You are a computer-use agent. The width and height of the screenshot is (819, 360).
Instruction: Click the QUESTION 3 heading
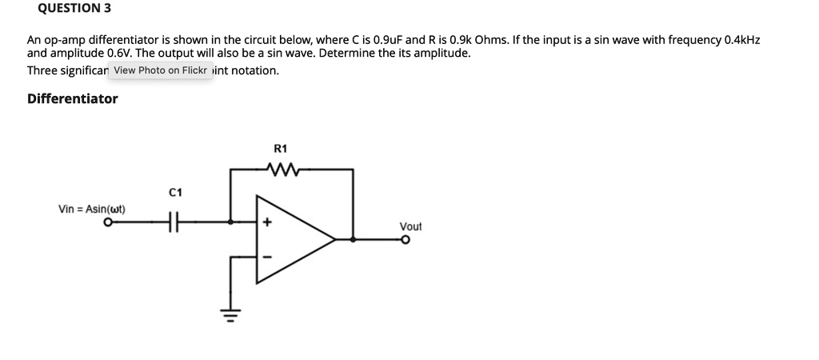coord(69,9)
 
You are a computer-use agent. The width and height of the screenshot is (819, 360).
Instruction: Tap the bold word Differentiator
coord(72,98)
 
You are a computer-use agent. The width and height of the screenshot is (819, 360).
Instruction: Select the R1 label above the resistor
coord(280,149)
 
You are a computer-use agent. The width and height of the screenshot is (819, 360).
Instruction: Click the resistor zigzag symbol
coord(283,169)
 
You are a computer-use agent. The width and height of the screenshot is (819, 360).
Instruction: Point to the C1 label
coord(176,193)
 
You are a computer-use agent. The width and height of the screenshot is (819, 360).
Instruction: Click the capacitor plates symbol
coord(174,225)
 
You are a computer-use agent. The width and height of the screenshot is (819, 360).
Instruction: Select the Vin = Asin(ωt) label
coord(97,210)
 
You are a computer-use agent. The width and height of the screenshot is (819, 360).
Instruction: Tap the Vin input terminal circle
coord(106,224)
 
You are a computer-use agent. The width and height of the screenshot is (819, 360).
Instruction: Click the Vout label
coord(410,227)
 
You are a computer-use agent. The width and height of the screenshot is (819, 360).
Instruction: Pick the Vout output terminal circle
coord(405,239)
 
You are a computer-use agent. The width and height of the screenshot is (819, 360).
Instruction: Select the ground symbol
coord(231,318)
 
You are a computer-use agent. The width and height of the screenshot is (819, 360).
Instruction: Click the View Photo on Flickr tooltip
coord(161,70)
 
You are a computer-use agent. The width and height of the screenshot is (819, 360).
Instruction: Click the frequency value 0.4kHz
coord(740,39)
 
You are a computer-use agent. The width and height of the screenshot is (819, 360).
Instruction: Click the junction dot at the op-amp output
coord(353,239)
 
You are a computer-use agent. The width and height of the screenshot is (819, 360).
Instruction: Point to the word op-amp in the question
coord(66,39)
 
